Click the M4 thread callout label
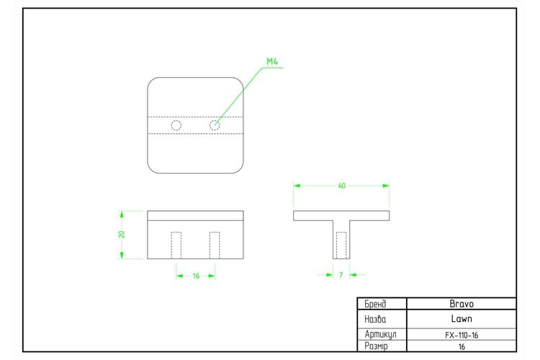272,62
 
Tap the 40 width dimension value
341,186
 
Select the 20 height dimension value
121,234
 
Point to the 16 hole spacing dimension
196,276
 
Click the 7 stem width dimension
341,275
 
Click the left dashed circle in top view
171,125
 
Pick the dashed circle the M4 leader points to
210,125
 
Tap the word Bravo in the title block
462,304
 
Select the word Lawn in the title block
462,319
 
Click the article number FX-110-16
462,336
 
